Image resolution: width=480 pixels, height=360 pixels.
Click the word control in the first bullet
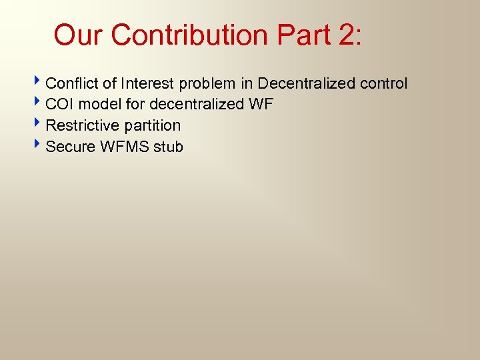(384, 83)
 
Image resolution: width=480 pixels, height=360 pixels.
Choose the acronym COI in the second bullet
(60, 105)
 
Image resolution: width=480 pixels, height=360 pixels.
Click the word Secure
(70, 147)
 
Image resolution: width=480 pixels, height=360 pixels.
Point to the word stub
(169, 147)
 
